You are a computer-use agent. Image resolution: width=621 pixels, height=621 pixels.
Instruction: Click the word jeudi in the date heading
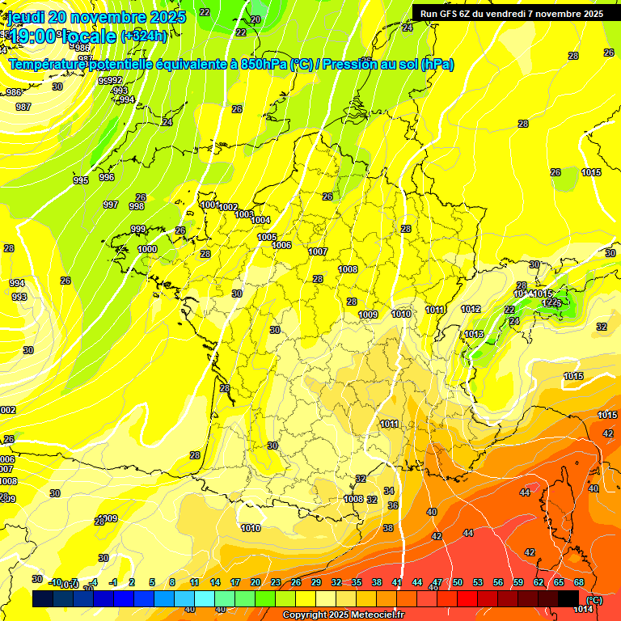(x=27, y=17)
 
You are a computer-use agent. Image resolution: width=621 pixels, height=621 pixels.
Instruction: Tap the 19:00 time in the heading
(x=33, y=36)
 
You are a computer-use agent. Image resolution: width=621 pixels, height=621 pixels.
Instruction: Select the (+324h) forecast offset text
(x=144, y=36)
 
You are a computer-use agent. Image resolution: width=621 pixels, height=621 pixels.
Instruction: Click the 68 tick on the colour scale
(x=579, y=582)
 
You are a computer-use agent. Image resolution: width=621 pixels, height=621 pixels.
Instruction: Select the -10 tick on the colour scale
(x=55, y=582)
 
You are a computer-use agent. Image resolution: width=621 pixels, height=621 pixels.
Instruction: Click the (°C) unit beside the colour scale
(x=594, y=599)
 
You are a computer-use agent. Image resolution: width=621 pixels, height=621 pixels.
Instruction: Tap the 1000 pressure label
(x=147, y=250)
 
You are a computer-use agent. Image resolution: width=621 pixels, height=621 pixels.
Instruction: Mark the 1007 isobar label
(x=318, y=251)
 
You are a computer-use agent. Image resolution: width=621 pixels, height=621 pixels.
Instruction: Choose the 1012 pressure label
(x=471, y=309)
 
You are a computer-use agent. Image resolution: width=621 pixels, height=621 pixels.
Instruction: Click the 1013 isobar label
(x=474, y=334)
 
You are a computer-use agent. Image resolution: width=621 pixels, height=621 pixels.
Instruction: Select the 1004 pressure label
(x=260, y=220)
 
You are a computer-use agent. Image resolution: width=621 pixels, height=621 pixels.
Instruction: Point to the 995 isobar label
(x=81, y=180)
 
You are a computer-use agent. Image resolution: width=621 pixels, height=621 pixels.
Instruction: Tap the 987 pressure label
(x=23, y=107)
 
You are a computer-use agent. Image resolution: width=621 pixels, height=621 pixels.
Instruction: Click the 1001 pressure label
(x=210, y=205)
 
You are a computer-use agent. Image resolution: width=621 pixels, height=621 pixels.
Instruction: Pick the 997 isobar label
(x=111, y=205)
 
